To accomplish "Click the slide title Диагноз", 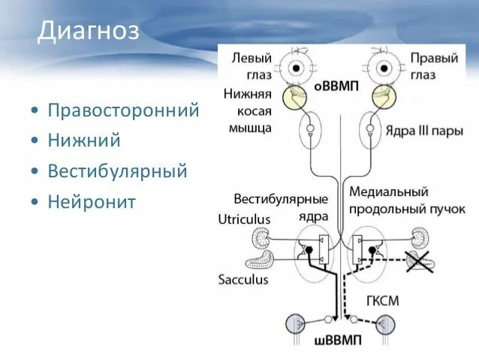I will [89, 32].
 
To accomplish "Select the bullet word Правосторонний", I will [123, 111].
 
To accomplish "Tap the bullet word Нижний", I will [84, 141].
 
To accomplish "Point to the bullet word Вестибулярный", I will [117, 171].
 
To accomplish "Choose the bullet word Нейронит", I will [92, 201].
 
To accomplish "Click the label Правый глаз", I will [432, 66].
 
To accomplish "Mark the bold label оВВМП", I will [335, 86].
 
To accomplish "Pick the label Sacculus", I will [243, 279].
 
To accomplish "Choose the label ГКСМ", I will [383, 301].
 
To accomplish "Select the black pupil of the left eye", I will [296, 68].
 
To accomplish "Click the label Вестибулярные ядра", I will [281, 205].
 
